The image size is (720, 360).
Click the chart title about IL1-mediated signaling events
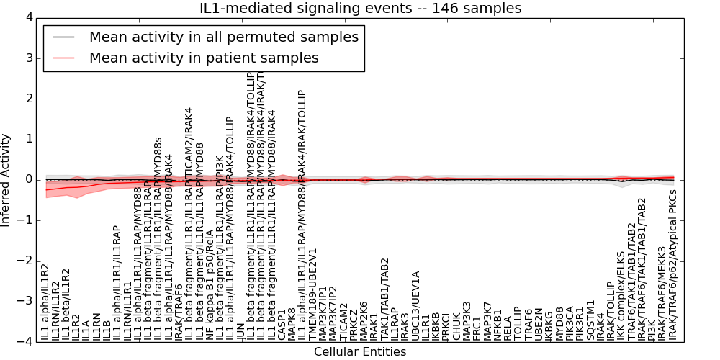pos(360,8)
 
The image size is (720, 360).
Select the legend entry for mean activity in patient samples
pos(204,58)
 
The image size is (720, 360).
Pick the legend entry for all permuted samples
pos(224,37)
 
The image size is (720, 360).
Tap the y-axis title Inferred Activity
pos(6,179)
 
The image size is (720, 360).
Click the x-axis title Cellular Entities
pos(360,352)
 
